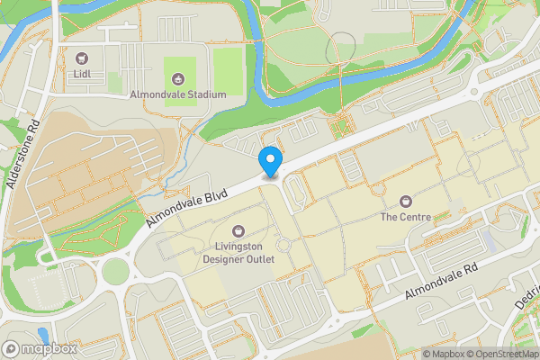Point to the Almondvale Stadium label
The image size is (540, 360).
click(x=176, y=94)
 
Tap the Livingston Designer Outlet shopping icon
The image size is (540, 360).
click(x=238, y=230)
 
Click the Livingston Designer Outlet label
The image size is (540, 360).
click(x=238, y=253)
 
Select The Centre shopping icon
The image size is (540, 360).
click(x=405, y=201)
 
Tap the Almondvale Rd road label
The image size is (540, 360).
click(x=440, y=283)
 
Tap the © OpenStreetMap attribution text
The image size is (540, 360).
click(x=500, y=353)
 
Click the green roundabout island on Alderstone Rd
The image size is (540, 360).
click(x=115, y=270)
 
